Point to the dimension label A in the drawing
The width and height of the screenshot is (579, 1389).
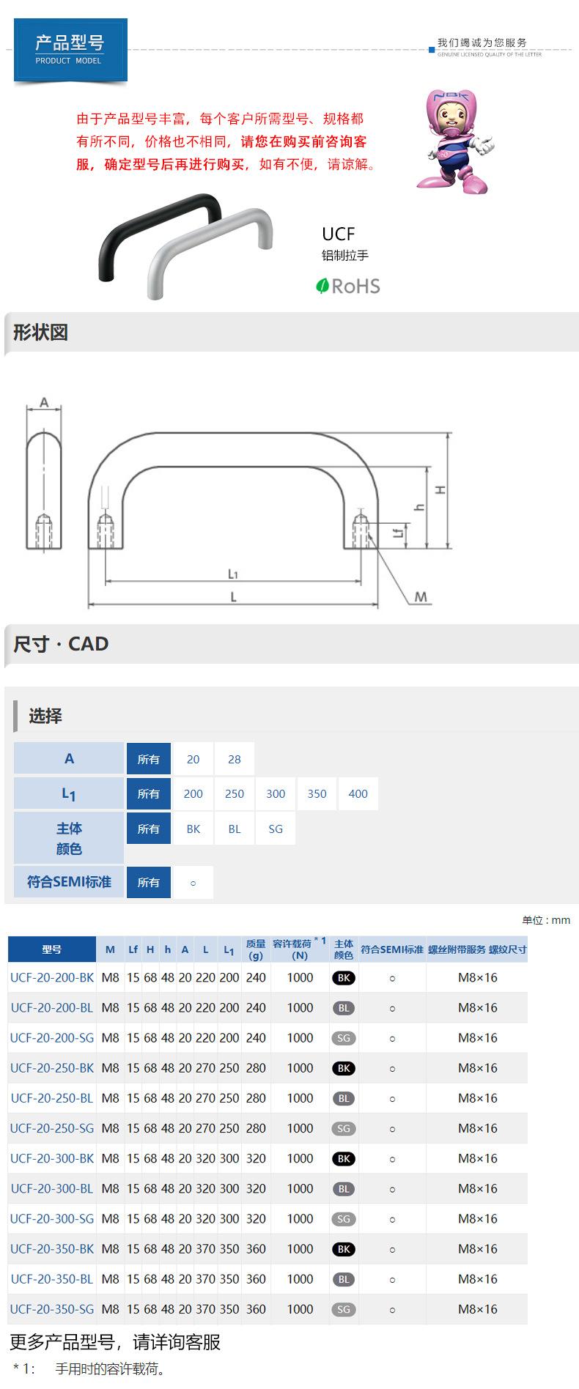[x=44, y=402]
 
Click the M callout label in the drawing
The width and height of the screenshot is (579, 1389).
[x=421, y=597]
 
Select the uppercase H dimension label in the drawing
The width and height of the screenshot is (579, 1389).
[x=440, y=490]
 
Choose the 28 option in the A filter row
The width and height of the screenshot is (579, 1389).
[x=235, y=759]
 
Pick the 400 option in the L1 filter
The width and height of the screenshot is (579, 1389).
[x=358, y=793]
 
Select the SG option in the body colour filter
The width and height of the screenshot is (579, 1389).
[x=276, y=829]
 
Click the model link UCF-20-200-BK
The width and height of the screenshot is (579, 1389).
[x=52, y=977]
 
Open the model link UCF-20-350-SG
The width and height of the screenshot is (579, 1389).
[x=52, y=1308]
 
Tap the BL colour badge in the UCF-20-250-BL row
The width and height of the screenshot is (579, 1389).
[x=344, y=1098]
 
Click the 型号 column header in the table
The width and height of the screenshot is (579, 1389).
[x=52, y=949]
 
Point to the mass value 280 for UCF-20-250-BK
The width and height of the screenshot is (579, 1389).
[x=256, y=1068]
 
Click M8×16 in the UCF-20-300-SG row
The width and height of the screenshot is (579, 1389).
[x=477, y=1218]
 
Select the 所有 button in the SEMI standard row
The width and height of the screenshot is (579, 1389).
[x=149, y=882]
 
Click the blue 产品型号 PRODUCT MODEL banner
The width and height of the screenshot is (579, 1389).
[x=70, y=49]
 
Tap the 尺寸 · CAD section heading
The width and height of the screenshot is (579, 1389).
[x=61, y=644]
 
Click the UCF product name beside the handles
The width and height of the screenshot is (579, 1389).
[x=339, y=234]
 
